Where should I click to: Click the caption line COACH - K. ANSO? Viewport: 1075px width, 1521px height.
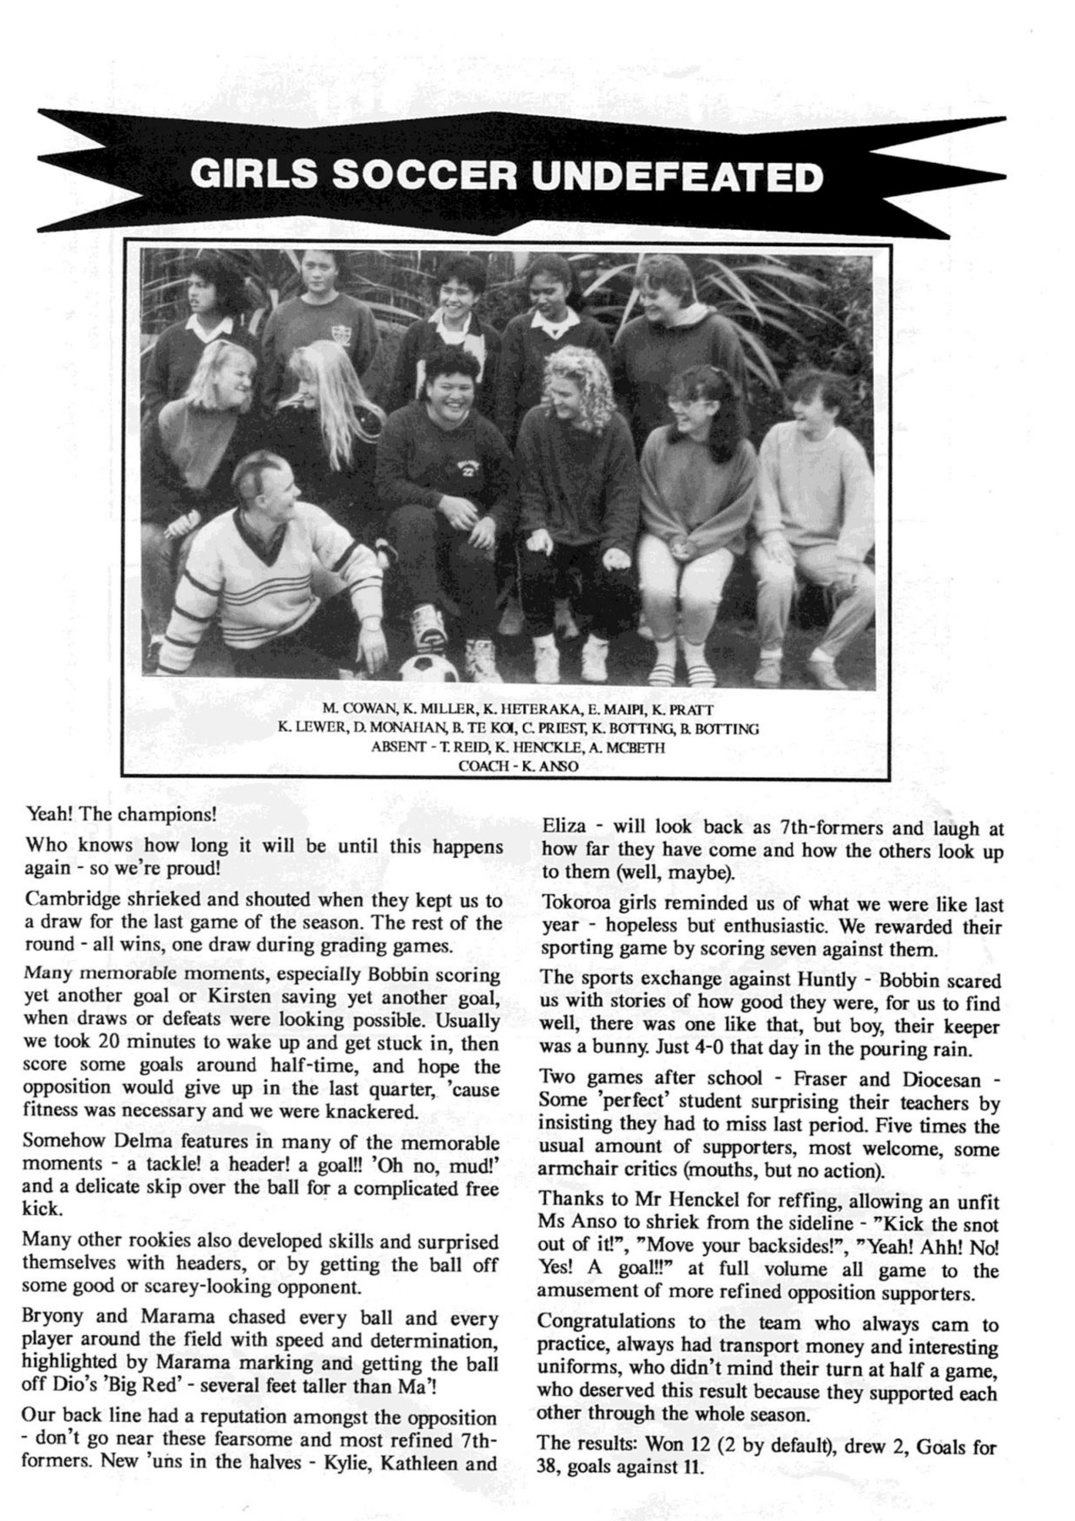518,766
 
